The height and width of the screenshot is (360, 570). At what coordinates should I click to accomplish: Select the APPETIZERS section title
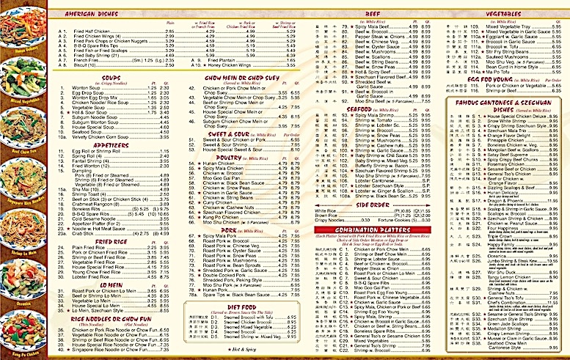pyautogui.click(x=112, y=144)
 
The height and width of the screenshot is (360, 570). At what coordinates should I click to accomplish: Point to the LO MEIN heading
pyautogui.click(x=112, y=283)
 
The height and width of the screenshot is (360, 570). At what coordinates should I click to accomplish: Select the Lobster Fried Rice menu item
pyautogui.click(x=103, y=276)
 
